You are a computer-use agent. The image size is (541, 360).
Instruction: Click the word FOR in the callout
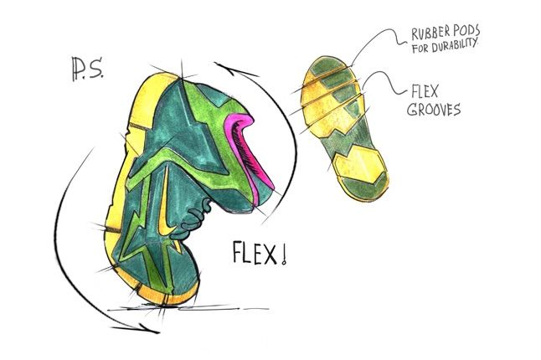[420, 48]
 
